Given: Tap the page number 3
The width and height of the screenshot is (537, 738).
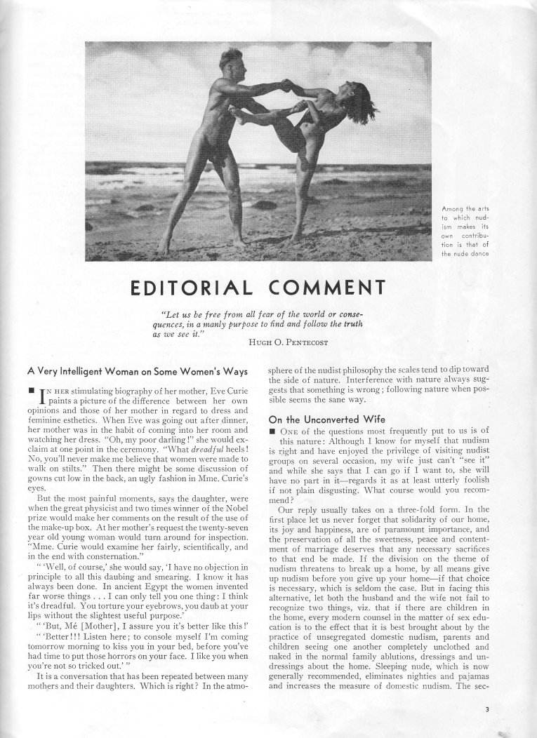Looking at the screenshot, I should (486, 709).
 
